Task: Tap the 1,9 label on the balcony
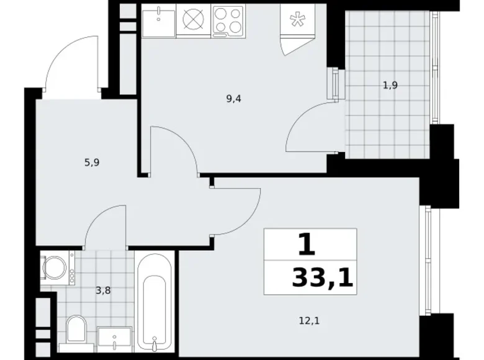pyautogui.click(x=390, y=86)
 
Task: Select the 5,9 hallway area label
pyautogui.click(x=92, y=163)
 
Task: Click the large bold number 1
pyautogui.click(x=307, y=245)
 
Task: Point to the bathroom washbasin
pyautogui.click(x=115, y=338)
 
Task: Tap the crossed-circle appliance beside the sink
pyautogui.click(x=194, y=20)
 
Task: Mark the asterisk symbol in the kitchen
pyautogui.click(x=298, y=20)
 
